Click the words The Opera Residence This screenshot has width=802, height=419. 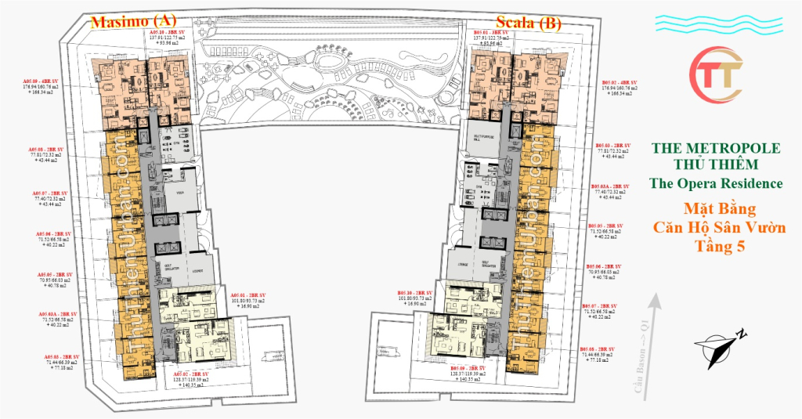[716, 183]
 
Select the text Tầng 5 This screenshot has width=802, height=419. [716, 245]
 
